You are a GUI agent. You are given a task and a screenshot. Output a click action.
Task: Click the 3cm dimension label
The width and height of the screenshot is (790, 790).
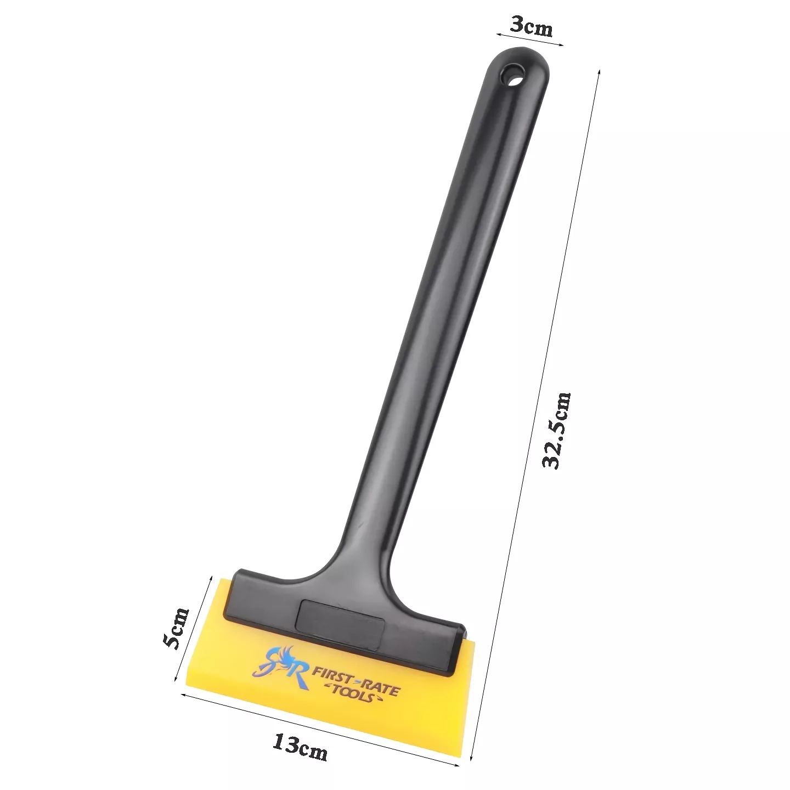coord(532,27)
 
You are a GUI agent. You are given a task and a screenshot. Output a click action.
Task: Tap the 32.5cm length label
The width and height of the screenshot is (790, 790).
coord(556,430)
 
